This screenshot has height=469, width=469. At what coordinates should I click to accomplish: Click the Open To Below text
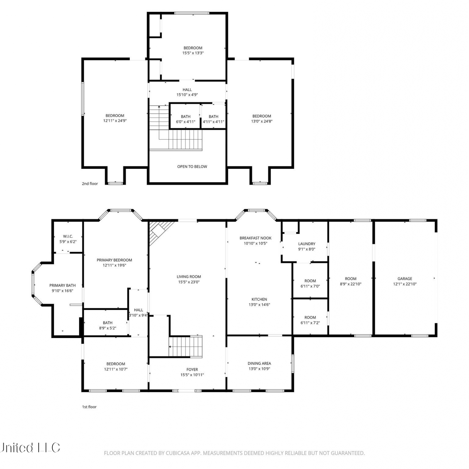point(192,167)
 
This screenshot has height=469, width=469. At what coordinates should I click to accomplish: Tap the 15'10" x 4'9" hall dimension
point(187,95)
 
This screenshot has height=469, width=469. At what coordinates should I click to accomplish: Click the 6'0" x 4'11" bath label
point(186,122)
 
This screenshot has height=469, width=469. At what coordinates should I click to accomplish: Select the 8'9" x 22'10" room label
point(350,284)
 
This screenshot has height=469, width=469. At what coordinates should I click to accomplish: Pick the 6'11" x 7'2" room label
point(310,323)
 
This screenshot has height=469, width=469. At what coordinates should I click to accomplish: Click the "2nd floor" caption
point(90,184)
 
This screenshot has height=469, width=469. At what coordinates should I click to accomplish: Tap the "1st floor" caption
point(89,407)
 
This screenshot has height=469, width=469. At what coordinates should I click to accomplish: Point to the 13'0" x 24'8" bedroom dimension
point(262,121)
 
